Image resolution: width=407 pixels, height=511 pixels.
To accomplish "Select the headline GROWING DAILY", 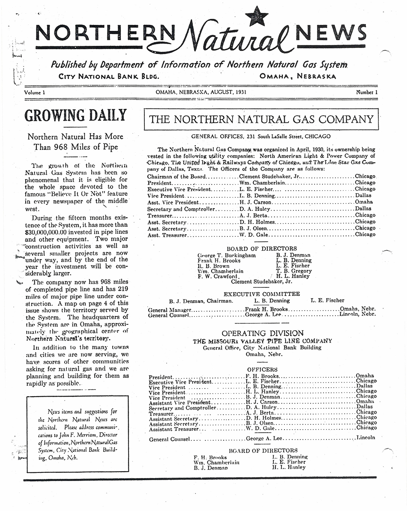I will click(75, 116).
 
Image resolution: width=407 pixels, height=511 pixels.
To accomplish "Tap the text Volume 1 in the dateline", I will click(35, 93).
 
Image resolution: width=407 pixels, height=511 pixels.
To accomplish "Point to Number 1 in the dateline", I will click(367, 93).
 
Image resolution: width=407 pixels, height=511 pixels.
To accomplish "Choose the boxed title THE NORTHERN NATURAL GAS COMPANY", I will click(261, 120).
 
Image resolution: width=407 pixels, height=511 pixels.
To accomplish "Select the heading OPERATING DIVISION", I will click(263, 333).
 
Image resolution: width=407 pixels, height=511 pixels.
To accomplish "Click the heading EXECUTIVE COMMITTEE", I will click(262, 294).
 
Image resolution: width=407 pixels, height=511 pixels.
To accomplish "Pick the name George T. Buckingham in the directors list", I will click(226, 255).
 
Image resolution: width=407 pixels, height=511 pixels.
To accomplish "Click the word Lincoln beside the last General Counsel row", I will click(365, 438).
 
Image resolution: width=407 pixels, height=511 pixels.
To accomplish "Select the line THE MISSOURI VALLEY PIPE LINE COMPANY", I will click(262, 341).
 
